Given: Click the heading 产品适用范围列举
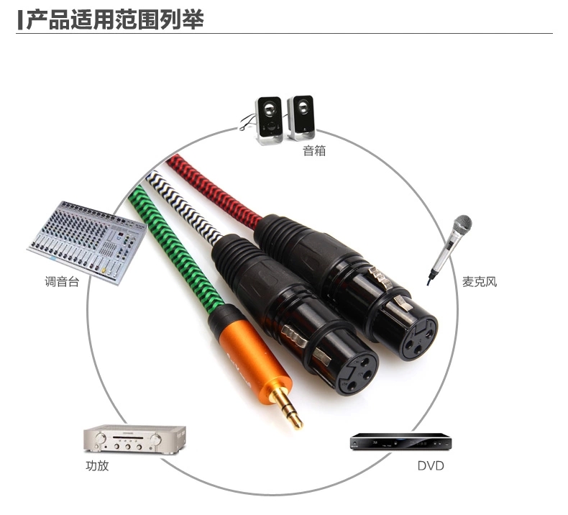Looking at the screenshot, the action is [x=115, y=19].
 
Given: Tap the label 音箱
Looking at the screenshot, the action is [x=314, y=150].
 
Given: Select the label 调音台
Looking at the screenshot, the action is [x=62, y=281].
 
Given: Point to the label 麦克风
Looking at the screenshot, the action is [x=480, y=281].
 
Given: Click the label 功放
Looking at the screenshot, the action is [x=97, y=465].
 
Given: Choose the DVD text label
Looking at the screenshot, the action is [x=431, y=465].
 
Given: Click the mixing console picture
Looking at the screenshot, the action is [x=87, y=242].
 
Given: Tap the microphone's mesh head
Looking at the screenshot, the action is [x=462, y=224].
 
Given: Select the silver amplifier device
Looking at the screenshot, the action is [x=134, y=439].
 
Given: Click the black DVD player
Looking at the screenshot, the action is [x=400, y=442].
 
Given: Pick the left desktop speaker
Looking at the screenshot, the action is [x=269, y=120].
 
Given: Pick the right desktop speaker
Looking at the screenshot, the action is [x=301, y=117].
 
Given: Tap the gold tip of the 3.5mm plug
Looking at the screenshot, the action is [x=288, y=407].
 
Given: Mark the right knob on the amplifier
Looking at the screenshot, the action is [x=156, y=439].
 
